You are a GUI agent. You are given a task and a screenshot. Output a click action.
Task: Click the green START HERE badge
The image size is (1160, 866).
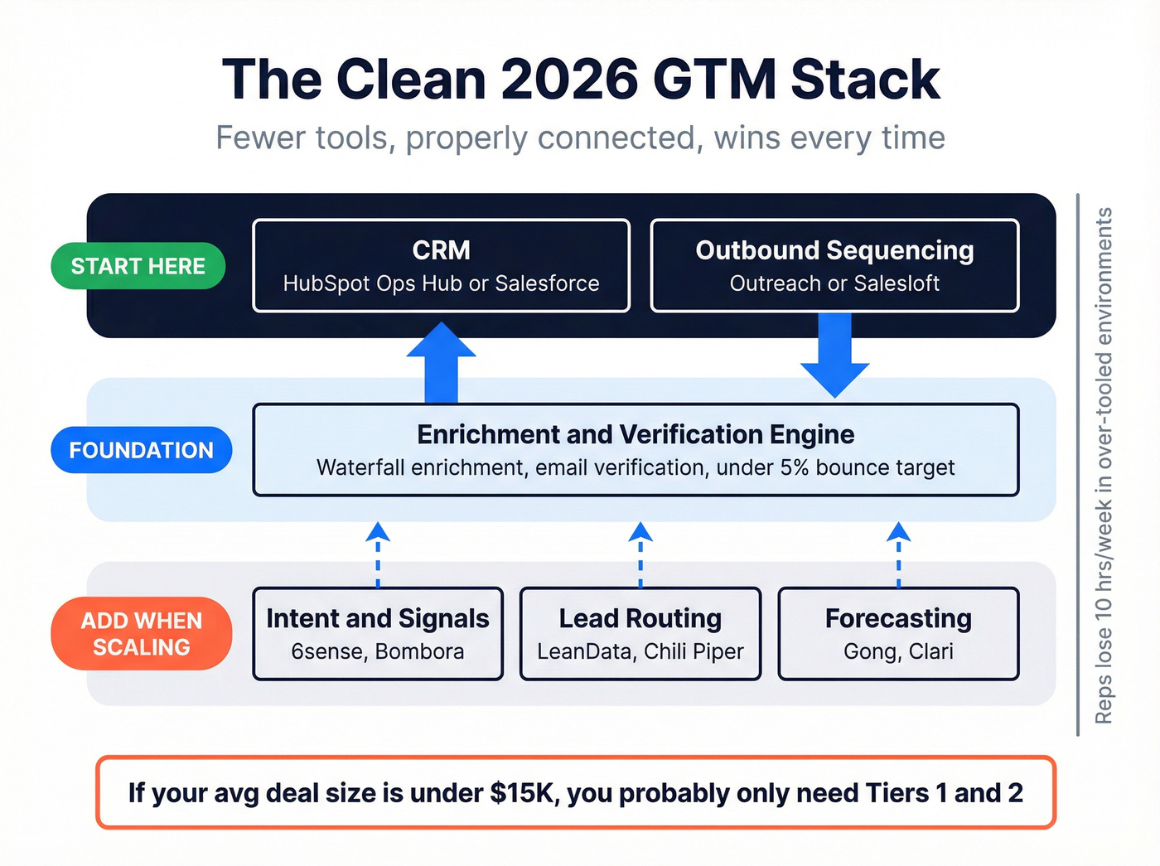tap(138, 266)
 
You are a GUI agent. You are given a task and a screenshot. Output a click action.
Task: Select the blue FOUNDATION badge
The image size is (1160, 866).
tap(141, 450)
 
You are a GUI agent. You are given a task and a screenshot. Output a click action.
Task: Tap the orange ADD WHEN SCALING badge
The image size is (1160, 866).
tap(141, 634)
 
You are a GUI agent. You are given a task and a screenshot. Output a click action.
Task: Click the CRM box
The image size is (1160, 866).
tap(441, 266)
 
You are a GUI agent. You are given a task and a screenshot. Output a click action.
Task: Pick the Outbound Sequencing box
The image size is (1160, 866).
tap(834, 266)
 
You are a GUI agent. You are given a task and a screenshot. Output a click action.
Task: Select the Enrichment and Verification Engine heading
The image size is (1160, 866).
tap(636, 435)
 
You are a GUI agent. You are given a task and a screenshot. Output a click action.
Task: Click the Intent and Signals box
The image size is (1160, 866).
tap(378, 634)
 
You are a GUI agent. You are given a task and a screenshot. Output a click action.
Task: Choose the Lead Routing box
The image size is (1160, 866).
tap(640, 634)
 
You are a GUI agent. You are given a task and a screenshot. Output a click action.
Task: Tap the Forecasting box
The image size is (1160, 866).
tap(898, 634)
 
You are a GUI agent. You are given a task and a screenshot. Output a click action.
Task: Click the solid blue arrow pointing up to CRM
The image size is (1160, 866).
tap(441, 362)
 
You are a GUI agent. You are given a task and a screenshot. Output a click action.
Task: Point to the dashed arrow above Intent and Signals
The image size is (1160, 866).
tap(378, 554)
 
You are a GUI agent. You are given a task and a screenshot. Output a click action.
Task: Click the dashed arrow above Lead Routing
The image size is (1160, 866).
tap(640, 554)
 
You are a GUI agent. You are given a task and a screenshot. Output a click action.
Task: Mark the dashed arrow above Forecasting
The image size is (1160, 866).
tap(898, 554)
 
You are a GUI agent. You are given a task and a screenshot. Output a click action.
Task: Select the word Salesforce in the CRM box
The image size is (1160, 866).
tap(547, 283)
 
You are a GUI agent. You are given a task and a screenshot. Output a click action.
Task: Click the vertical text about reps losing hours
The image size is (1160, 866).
tap(1103, 465)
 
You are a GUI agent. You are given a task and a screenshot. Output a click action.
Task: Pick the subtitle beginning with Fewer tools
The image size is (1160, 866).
tap(580, 138)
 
